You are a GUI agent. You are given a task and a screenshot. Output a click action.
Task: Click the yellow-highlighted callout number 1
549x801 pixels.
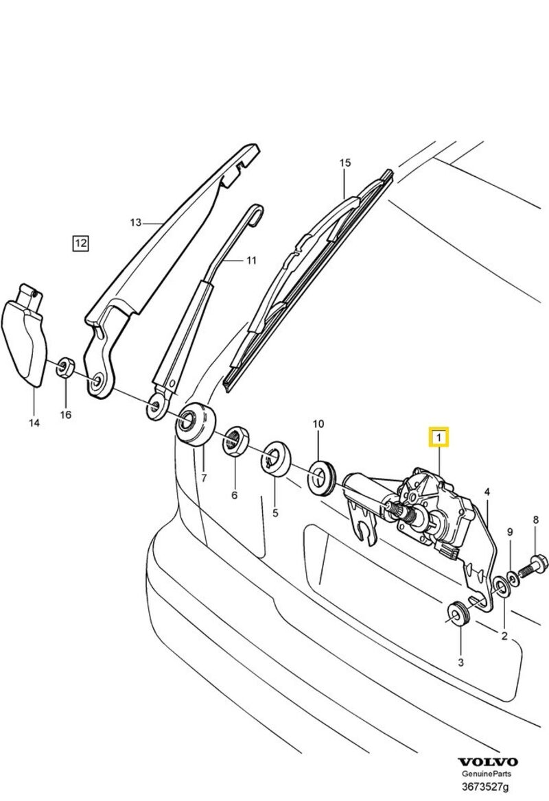(x=438, y=436)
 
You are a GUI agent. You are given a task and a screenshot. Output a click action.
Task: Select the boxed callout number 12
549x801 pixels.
(x=81, y=243)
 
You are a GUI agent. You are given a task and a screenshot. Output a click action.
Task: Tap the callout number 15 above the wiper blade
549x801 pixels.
(x=344, y=163)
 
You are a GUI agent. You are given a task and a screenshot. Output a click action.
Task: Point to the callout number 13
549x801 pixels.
(x=135, y=222)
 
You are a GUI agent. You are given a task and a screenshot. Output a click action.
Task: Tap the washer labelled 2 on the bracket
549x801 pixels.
(x=502, y=585)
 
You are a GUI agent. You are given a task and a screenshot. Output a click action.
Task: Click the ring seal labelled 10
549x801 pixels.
(x=320, y=477)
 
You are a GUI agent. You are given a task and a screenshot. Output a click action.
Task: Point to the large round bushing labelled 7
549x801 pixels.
(x=195, y=425)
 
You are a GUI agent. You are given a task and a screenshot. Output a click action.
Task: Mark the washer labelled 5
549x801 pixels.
(x=276, y=457)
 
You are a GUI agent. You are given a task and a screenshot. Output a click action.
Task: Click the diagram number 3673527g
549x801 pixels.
(x=488, y=786)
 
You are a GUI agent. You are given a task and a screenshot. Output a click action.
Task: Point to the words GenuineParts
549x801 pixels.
(x=488, y=774)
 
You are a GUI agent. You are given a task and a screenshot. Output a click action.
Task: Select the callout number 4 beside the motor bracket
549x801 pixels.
(x=487, y=492)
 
